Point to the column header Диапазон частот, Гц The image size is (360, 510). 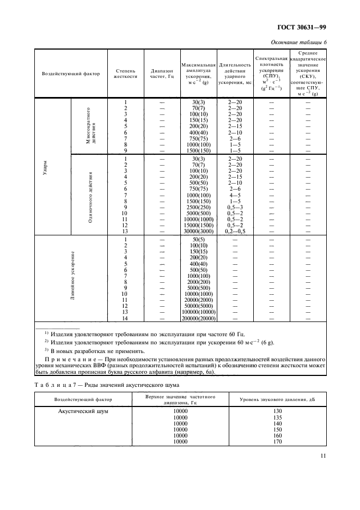pyautogui.click(x=162, y=74)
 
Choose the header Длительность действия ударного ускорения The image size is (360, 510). pyautogui.click(x=235, y=74)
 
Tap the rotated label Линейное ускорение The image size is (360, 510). pyautogui.click(x=72, y=277)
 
